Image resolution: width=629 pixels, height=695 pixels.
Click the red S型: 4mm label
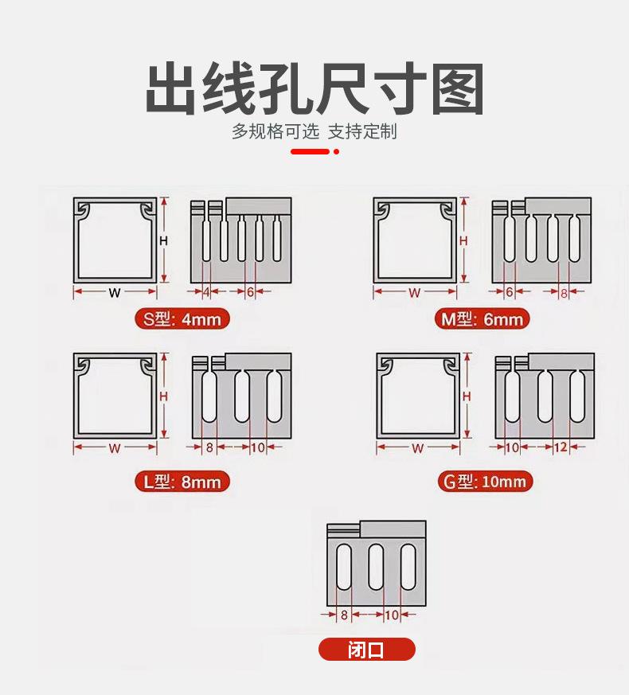click(x=182, y=320)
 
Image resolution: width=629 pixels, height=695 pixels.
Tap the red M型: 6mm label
click(x=483, y=320)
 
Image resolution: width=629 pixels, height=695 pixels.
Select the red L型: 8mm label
click(x=182, y=482)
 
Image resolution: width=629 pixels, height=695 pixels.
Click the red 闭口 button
click(x=366, y=650)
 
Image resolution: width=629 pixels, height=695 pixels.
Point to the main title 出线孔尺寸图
click(x=314, y=90)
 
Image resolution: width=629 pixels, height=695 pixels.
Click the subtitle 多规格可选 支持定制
click(x=314, y=131)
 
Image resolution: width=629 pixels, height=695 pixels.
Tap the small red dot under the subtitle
click(x=336, y=151)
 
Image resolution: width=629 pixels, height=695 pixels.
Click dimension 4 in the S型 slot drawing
click(x=206, y=292)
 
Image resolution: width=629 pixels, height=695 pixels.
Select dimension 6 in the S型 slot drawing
click(x=250, y=292)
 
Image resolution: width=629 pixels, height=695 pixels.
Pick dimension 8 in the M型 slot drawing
click(x=564, y=293)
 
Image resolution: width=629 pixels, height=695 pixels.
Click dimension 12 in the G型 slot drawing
click(x=560, y=447)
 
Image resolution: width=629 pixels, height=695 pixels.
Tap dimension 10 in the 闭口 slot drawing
click(x=392, y=615)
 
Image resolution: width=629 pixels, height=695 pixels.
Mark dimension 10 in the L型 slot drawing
click(x=257, y=448)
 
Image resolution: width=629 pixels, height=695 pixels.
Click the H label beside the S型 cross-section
click(x=164, y=240)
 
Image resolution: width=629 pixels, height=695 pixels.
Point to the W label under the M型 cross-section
click(x=415, y=293)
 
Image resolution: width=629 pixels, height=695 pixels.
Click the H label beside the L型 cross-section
click(x=164, y=396)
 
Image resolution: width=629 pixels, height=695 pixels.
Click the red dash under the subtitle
click(x=310, y=151)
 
